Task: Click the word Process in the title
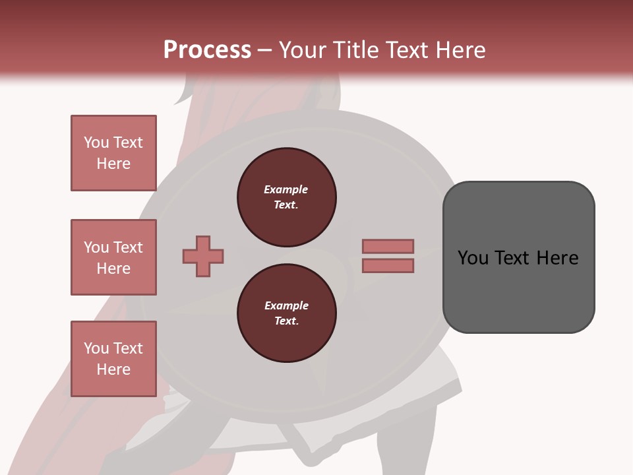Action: [x=207, y=50]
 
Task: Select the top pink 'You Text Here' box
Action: [x=113, y=153]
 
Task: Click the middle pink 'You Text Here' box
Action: [x=113, y=257]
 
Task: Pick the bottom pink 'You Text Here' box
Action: [x=113, y=359]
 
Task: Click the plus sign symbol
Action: [x=203, y=256]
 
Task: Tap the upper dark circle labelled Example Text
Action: [x=286, y=197]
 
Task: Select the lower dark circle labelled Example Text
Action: [x=286, y=313]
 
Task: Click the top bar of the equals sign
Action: [x=388, y=246]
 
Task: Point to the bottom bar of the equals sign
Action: [x=388, y=266]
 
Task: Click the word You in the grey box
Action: [x=473, y=258]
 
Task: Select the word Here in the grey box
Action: [x=557, y=258]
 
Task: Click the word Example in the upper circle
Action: [x=286, y=189]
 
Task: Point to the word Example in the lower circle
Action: [x=286, y=305]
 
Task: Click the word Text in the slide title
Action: [x=406, y=50]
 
